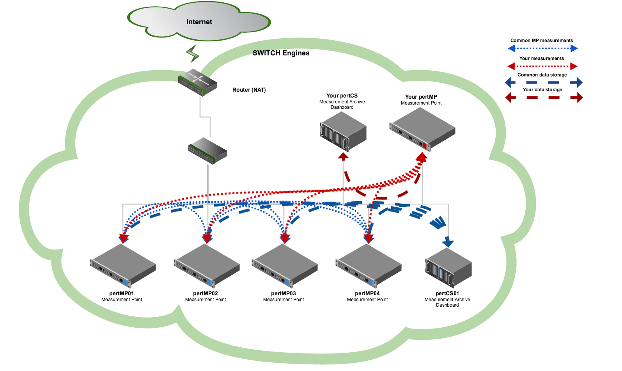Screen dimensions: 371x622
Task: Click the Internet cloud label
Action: [x=199, y=22]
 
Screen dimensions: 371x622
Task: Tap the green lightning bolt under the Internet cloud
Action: [x=192, y=54]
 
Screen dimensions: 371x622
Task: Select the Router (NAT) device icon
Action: [x=197, y=82]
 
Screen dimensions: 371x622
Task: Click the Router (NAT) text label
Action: [x=249, y=90]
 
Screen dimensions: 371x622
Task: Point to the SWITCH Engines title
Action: [x=281, y=53]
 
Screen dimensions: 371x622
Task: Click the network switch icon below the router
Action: [x=207, y=151]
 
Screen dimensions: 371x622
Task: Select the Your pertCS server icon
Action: [x=343, y=131]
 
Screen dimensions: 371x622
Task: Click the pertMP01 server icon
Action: [x=123, y=266]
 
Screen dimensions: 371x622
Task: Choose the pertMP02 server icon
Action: [x=207, y=266]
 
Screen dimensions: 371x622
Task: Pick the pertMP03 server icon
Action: [x=285, y=266]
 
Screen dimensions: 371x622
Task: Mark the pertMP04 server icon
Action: [x=369, y=266]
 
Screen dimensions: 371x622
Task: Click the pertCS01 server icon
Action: [x=448, y=268]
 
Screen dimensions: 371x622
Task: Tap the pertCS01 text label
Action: [x=447, y=293]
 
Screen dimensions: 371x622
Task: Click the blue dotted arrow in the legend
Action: [x=543, y=48]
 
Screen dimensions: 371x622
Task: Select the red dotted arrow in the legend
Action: [x=543, y=66]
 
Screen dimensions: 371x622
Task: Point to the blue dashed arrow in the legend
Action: [x=544, y=83]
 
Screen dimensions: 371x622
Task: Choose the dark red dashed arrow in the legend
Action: [x=544, y=98]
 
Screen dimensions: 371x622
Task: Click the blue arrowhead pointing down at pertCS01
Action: [x=448, y=243]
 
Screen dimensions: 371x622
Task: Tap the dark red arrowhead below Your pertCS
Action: [x=343, y=156]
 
